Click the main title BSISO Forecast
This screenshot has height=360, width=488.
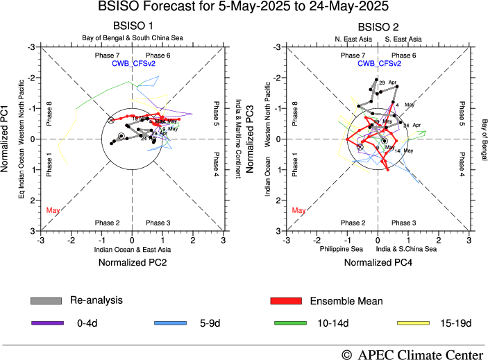244,8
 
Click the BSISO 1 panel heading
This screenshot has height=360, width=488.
132,26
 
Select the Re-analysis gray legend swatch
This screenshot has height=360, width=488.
47,300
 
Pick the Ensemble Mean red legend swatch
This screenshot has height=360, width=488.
285,300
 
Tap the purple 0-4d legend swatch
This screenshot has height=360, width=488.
47,323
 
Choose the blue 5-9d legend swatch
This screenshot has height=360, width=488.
170,323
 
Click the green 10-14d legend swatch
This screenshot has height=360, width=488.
292,323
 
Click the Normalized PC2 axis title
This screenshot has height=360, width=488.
132,262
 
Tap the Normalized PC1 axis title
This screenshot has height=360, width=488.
8,139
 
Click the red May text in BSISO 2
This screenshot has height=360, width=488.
299,209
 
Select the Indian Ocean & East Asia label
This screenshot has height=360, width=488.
131,248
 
